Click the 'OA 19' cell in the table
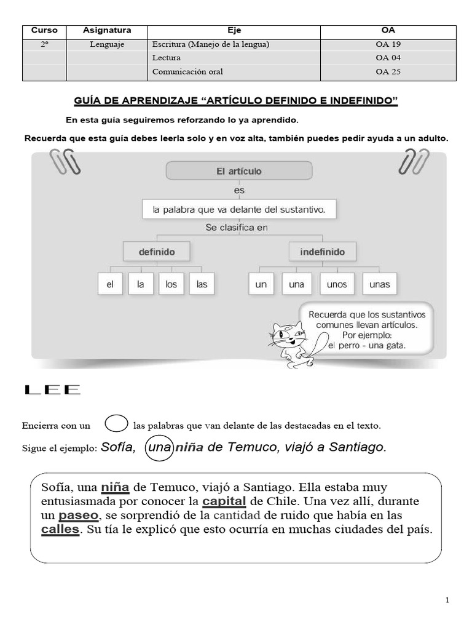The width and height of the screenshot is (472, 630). click(388, 44)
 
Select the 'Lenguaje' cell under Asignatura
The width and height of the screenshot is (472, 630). click(107, 44)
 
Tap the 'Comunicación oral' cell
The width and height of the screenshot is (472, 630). click(187, 71)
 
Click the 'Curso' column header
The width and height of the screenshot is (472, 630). click(44, 30)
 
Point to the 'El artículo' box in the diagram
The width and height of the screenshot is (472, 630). click(239, 171)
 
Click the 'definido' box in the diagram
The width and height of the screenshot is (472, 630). click(156, 252)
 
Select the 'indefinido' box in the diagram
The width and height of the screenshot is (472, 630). click(322, 252)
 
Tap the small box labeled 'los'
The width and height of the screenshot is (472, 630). click(171, 284)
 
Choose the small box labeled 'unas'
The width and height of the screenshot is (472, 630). click(380, 284)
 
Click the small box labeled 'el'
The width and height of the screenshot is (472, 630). click(110, 284)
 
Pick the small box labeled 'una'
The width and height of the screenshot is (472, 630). click(297, 284)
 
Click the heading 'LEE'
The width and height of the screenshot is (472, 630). click(52, 389)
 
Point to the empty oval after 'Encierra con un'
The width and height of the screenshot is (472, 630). click(116, 424)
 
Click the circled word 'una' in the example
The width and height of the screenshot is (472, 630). click(159, 448)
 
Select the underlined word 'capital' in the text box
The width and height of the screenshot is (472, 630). click(224, 500)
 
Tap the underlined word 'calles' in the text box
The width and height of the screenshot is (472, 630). click(60, 529)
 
